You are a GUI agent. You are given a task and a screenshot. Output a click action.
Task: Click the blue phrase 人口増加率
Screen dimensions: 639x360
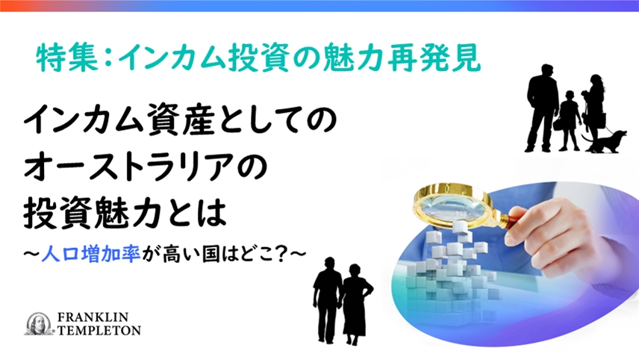pyautogui.click(x=91, y=255)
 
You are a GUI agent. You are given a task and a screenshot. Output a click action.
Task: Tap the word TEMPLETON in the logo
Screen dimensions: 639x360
pyautogui.click(x=99, y=330)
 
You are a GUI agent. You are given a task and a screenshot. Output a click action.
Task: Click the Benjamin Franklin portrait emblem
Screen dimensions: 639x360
pyautogui.click(x=38, y=324)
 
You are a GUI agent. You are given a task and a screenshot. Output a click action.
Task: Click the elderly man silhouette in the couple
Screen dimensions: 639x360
pyautogui.click(x=326, y=300)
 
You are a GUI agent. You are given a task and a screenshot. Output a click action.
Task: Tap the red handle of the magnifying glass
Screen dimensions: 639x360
pyautogui.click(x=514, y=221)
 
